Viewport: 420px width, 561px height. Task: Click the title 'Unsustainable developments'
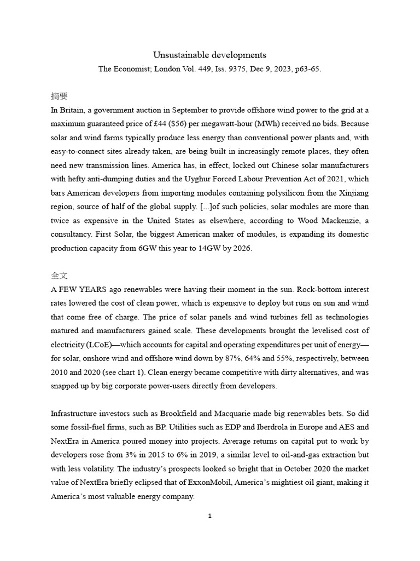[209, 55]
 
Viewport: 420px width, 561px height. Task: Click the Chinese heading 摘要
[59, 96]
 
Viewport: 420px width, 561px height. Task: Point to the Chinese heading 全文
[59, 276]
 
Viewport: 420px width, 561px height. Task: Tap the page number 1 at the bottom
[210, 516]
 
